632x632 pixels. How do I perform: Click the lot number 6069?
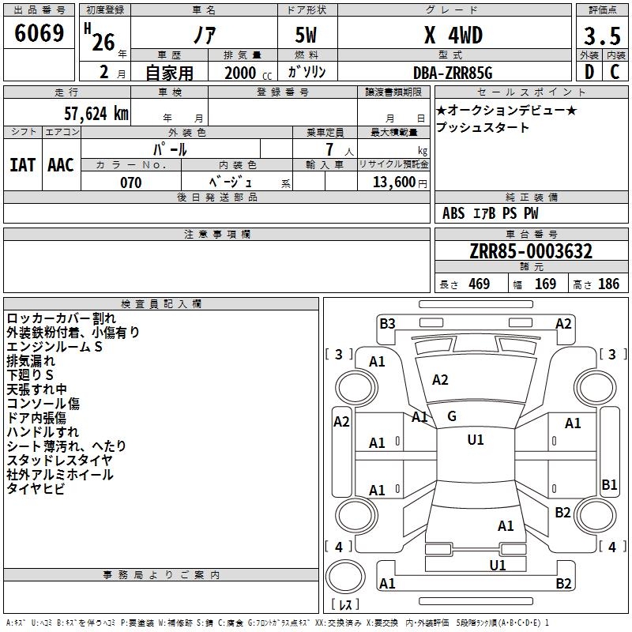39,33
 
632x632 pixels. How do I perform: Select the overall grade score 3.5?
602,36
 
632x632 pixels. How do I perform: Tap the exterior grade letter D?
589,72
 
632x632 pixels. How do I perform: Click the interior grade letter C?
615,72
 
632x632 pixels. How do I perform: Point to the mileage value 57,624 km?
96,114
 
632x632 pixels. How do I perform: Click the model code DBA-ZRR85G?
453,73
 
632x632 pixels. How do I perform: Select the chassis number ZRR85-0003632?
531,251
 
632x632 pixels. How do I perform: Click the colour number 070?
130,182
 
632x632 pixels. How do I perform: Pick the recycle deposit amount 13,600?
393,182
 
